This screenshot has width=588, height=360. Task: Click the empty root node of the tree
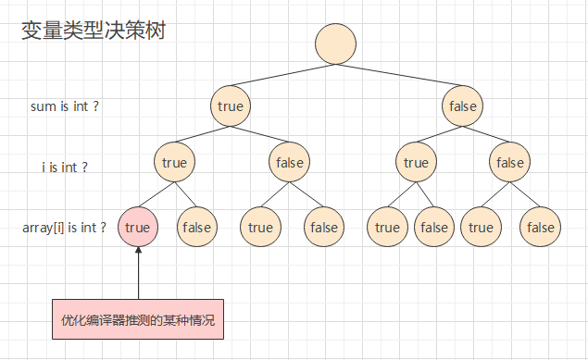[x=335, y=43]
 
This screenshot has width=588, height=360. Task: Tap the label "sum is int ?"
[x=65, y=106]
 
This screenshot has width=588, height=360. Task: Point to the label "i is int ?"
[x=65, y=168]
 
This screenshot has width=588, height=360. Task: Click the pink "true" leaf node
[x=137, y=227]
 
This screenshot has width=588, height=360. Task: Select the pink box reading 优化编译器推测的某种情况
[x=137, y=321]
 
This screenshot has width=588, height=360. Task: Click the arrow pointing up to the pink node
[x=137, y=273]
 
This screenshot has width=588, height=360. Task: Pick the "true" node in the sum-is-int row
[x=230, y=106]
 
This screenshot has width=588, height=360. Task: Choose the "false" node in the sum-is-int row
[x=462, y=106]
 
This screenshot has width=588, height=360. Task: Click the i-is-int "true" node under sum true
[x=173, y=163]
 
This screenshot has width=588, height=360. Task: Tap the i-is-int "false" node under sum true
[x=290, y=163]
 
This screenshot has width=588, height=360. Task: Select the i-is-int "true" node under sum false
[x=416, y=163]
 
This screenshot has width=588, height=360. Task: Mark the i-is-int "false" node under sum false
[x=509, y=163]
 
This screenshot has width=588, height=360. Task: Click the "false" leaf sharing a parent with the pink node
[x=196, y=227]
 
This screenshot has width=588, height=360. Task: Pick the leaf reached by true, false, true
[x=260, y=227]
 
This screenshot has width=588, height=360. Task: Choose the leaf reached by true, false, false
[x=324, y=227]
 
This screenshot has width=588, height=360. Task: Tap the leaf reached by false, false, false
[x=540, y=227]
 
